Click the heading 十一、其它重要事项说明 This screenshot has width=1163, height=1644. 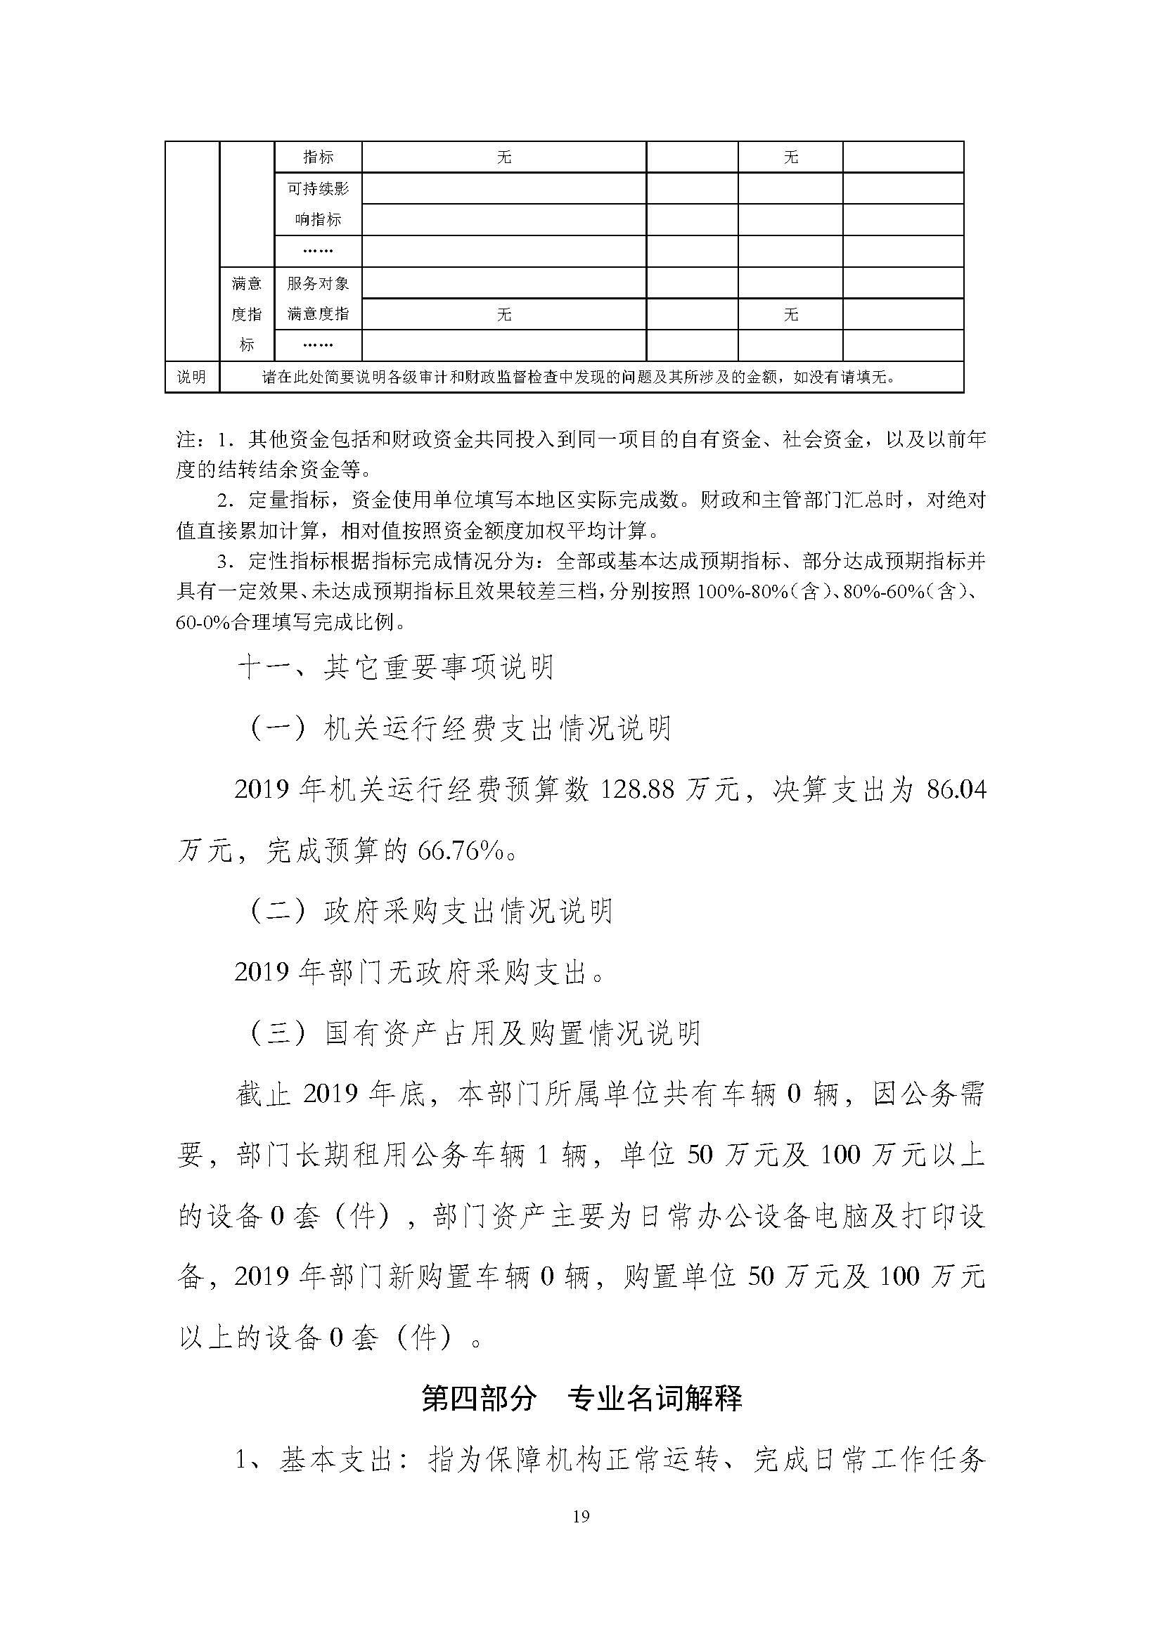click(x=396, y=668)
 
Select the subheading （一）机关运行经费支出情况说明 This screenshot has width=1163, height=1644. click(x=458, y=729)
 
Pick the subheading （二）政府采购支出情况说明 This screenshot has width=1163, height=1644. click(x=430, y=912)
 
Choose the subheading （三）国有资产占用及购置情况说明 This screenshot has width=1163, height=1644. click(x=473, y=1033)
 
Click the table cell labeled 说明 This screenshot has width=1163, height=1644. click(x=191, y=377)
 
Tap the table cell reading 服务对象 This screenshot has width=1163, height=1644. click(x=318, y=283)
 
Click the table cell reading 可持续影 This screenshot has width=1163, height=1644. click(x=318, y=188)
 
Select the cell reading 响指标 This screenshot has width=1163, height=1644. click(x=318, y=220)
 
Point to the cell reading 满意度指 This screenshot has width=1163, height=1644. click(x=318, y=313)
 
